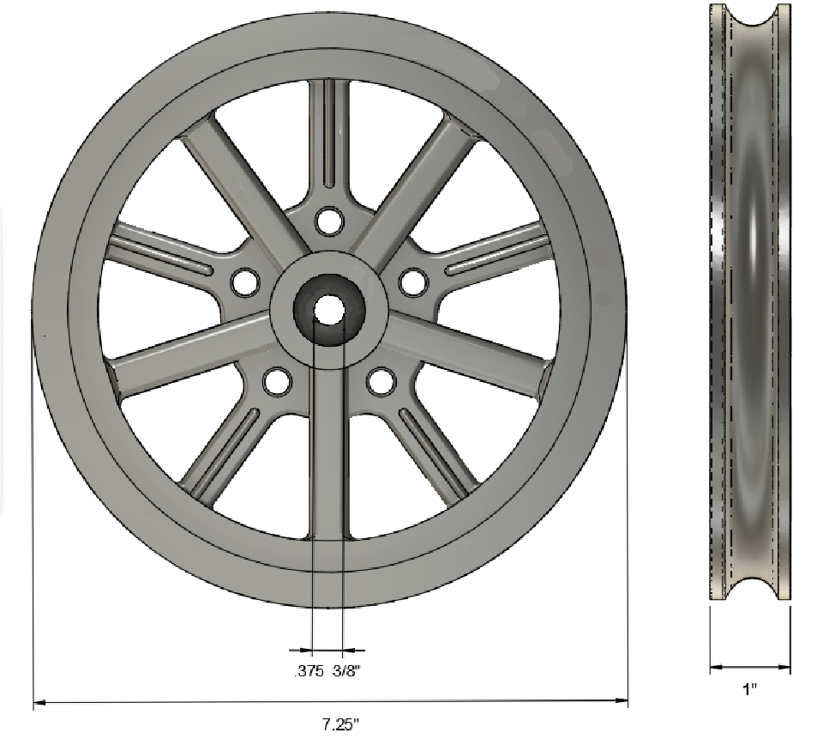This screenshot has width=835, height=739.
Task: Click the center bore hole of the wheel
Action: pyautogui.click(x=328, y=310)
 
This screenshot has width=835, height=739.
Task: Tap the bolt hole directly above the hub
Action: pyautogui.click(x=327, y=221)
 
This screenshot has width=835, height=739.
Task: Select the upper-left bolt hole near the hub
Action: pyautogui.click(x=244, y=281)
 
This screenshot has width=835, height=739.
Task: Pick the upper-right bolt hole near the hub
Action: pyautogui.click(x=413, y=281)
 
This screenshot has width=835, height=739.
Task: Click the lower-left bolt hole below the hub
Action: pyautogui.click(x=276, y=381)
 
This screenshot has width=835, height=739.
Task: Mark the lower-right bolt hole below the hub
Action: pyautogui.click(x=381, y=381)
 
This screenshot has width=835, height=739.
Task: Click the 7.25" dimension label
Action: pyautogui.click(x=340, y=724)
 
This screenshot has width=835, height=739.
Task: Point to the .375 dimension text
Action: pyautogui.click(x=308, y=671)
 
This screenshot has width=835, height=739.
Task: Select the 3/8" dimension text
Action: pyautogui.click(x=346, y=671)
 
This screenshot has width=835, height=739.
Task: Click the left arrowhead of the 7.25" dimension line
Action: pyautogui.click(x=38, y=703)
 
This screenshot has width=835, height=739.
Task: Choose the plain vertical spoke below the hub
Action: pyautogui.click(x=329, y=455)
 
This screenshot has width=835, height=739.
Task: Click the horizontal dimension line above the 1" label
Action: pyautogui.click(x=750, y=665)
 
